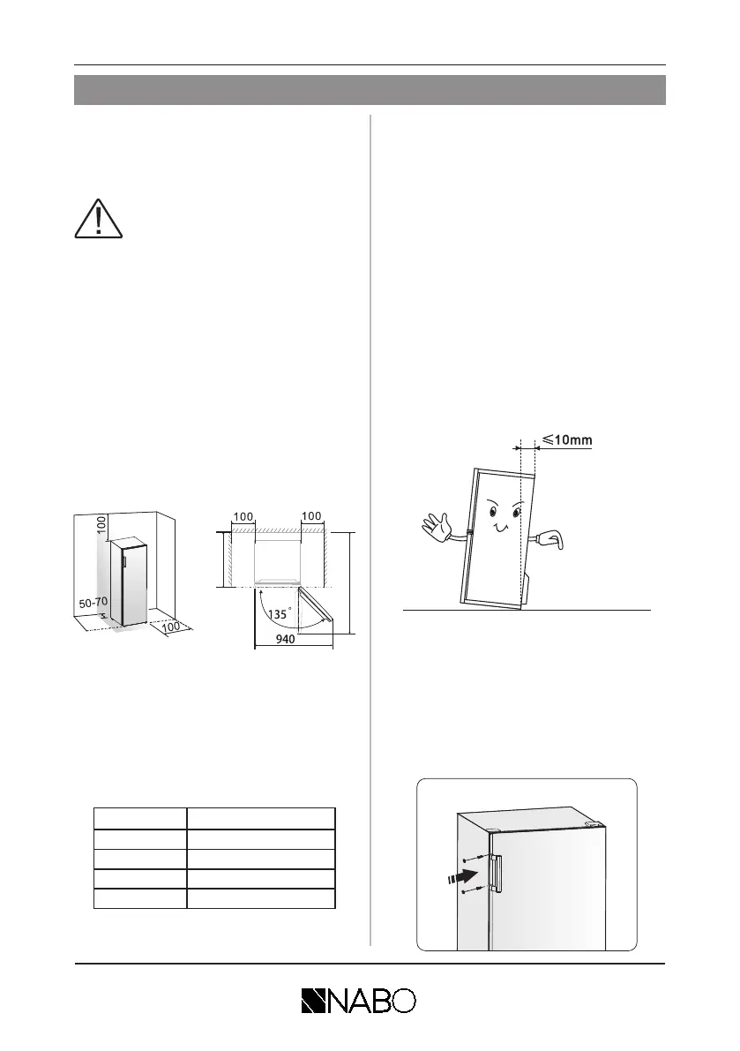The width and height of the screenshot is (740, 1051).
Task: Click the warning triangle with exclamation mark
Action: [x=99, y=217]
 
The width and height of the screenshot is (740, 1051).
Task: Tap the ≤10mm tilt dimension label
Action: [x=566, y=438]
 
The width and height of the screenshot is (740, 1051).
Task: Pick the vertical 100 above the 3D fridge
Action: [x=101, y=522]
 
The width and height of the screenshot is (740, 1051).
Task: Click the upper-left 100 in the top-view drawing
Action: [x=243, y=514]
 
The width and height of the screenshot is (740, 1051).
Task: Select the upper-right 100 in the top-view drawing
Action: [x=314, y=514]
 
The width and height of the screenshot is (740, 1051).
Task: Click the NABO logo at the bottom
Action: [x=358, y=1000]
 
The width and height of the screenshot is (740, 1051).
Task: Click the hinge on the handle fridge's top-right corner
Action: [x=596, y=822]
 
